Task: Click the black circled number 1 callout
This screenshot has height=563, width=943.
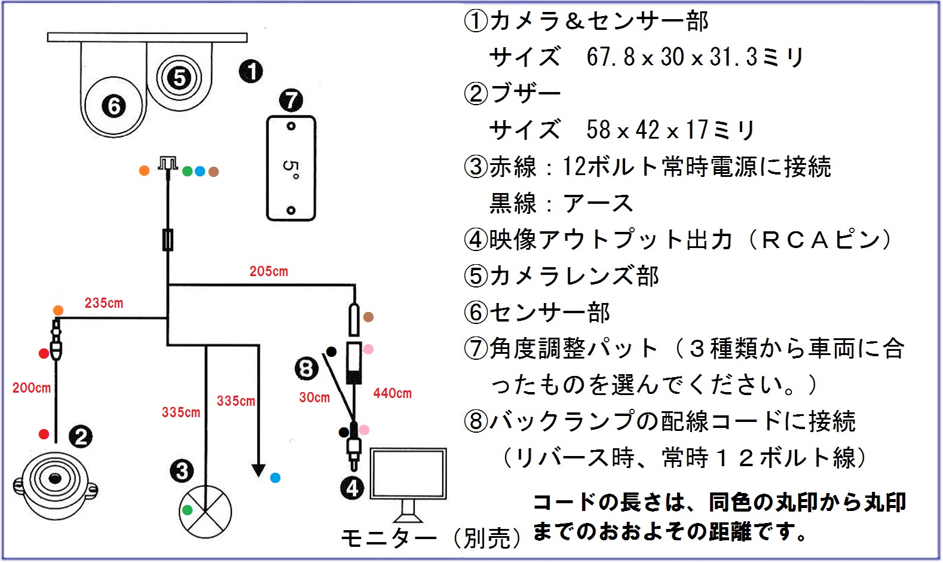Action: [x=251, y=71]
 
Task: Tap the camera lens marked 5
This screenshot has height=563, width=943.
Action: [x=179, y=78]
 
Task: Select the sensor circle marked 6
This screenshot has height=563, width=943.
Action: [x=114, y=106]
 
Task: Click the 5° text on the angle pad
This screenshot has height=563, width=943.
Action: [x=291, y=169]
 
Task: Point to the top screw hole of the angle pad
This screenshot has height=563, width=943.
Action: [x=291, y=126]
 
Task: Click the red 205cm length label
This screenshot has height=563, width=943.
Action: [x=268, y=271]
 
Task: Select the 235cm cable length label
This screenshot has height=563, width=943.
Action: [x=103, y=303]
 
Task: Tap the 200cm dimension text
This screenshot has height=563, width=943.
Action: [x=32, y=388]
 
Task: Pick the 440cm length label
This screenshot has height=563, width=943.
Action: [x=393, y=393]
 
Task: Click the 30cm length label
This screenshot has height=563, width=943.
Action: [x=314, y=397]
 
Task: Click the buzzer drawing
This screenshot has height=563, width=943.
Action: [x=56, y=486]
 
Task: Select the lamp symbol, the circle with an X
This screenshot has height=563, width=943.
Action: [x=205, y=512]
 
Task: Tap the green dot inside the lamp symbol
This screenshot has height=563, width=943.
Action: [x=187, y=510]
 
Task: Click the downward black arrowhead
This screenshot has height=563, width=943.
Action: [x=259, y=470]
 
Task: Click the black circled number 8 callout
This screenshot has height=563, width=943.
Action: [x=306, y=368]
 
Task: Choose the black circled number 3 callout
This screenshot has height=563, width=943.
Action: [x=182, y=471]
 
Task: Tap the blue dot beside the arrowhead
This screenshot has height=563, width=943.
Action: [x=275, y=478]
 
